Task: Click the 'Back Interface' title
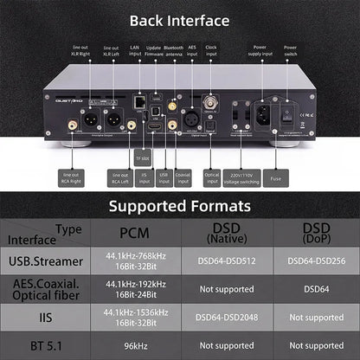tap(180, 20)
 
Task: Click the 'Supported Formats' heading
tap(180, 206)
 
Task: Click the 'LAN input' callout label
tap(134, 53)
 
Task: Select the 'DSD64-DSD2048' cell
tap(224, 317)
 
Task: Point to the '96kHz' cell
tap(134, 344)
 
